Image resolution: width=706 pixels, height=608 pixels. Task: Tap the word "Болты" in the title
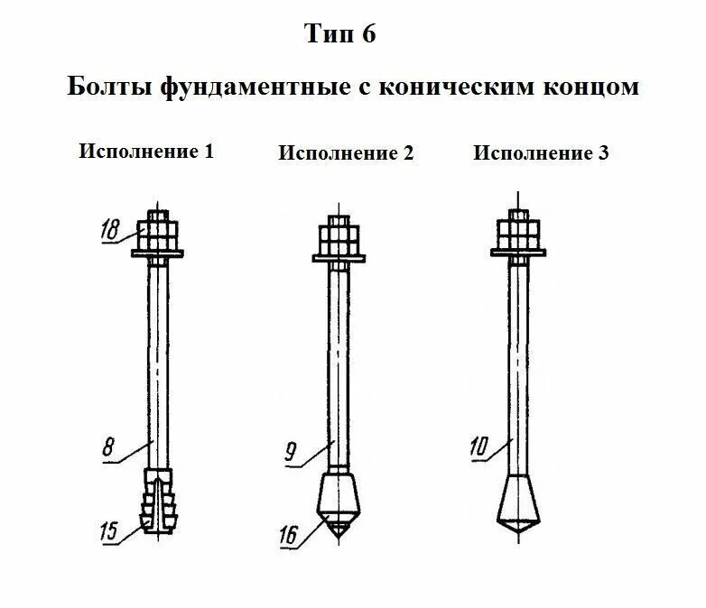[x=110, y=88]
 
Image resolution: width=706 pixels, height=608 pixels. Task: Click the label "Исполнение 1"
[x=146, y=150]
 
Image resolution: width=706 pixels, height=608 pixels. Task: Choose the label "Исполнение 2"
[x=346, y=152]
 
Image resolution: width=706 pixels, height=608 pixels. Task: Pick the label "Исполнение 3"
[x=541, y=152]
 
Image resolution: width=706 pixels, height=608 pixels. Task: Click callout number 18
[x=110, y=230]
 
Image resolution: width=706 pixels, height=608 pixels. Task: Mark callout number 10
[x=479, y=445]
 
